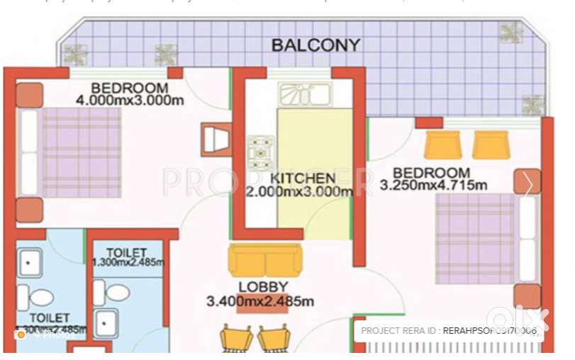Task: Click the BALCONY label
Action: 316,45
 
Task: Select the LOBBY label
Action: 263,287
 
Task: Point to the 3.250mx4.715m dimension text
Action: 433,186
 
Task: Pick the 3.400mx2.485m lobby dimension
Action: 259,302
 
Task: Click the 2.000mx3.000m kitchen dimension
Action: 299,191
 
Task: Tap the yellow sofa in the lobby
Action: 264,261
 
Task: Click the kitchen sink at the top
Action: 305,94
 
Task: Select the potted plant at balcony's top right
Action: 510,32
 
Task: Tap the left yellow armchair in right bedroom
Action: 442,145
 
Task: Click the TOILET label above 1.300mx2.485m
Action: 126,252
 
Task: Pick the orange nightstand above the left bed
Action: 30,95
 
